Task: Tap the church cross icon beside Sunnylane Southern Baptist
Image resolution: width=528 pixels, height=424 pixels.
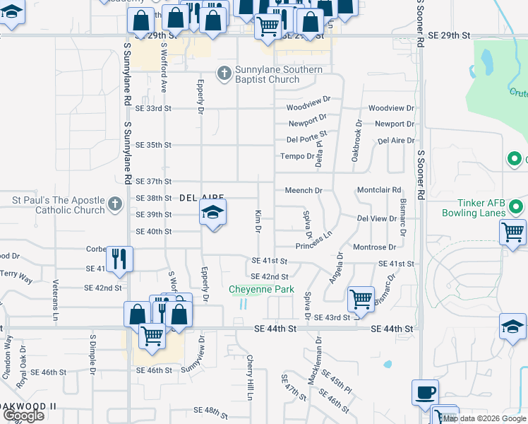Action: pyautogui.click(x=223, y=73)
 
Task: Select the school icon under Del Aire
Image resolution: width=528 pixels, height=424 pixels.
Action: pyautogui.click(x=212, y=213)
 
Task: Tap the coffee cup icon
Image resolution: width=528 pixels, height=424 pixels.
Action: pyautogui.click(x=425, y=392)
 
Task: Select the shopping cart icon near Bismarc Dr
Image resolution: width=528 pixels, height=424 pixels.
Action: pyautogui.click(x=361, y=299)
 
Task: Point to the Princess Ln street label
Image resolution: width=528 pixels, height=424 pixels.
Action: pyautogui.click(x=314, y=241)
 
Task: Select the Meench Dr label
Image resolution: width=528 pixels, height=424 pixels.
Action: pyautogui.click(x=304, y=191)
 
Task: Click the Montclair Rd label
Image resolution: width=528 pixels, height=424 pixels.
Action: pyautogui.click(x=379, y=190)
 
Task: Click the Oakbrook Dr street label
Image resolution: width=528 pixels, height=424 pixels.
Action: pyautogui.click(x=359, y=133)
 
